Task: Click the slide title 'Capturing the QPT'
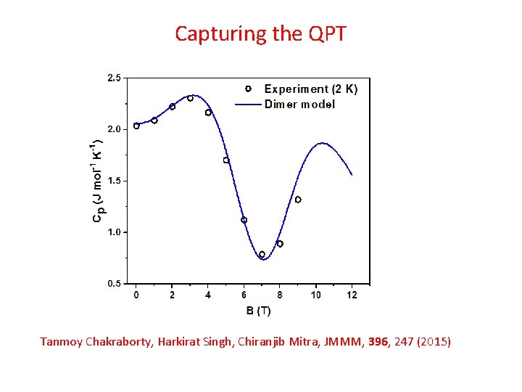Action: pyautogui.click(x=261, y=33)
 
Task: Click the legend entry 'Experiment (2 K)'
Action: pyautogui.click(x=310, y=89)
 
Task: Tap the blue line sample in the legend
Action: pyautogui.click(x=247, y=104)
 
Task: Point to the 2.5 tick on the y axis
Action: pyautogui.click(x=115, y=78)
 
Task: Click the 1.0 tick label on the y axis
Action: pyautogui.click(x=115, y=232)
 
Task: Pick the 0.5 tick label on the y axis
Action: pyautogui.click(x=115, y=284)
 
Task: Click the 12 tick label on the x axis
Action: pyautogui.click(x=352, y=295)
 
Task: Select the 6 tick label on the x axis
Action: pyautogui.click(x=244, y=295)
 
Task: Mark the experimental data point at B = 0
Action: pyautogui.click(x=136, y=126)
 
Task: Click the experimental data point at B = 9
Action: pyautogui.click(x=298, y=200)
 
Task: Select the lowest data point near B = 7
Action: pyautogui.click(x=262, y=255)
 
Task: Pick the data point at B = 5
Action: pyautogui.click(x=226, y=160)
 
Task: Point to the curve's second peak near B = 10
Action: pyautogui.click(x=320, y=144)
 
